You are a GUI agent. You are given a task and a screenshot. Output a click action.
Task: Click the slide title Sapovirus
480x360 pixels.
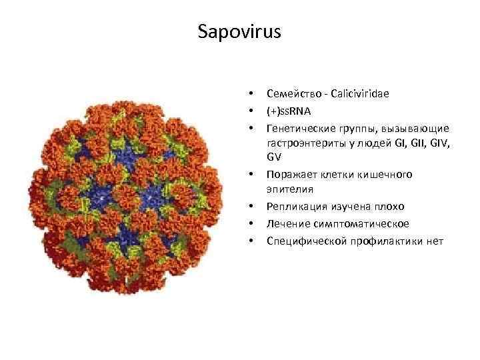[x=240, y=32]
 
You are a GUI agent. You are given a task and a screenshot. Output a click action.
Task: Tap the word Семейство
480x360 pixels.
[x=291, y=94]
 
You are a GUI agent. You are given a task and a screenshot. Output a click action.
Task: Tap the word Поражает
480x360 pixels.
[x=288, y=175]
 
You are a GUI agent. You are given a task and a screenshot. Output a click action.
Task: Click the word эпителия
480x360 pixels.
[x=286, y=191]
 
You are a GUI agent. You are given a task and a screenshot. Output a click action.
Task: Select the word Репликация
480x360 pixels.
[x=293, y=207]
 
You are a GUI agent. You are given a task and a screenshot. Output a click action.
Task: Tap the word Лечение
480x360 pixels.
[x=285, y=223]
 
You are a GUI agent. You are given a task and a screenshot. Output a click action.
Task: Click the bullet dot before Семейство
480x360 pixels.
[x=251, y=94]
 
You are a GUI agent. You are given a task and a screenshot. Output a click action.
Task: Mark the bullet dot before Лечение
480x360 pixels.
[x=251, y=223]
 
